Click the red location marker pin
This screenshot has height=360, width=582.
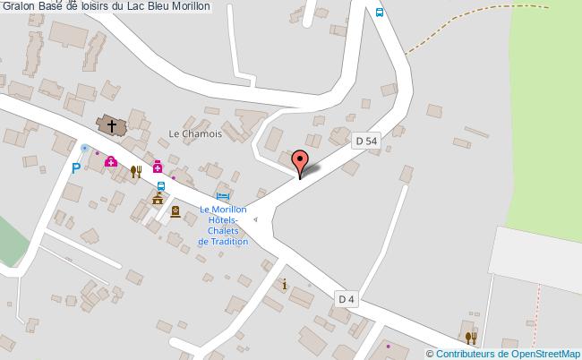tap(301, 162)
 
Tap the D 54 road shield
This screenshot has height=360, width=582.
tap(365, 141)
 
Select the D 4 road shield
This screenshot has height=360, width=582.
tap(347, 298)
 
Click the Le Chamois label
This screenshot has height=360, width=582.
tap(195, 133)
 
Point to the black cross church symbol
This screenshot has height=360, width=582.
tap(113, 125)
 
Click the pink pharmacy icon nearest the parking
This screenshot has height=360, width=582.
tap(111, 161)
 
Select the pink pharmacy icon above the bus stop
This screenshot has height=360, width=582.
tap(157, 167)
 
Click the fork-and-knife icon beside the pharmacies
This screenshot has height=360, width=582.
tap(135, 171)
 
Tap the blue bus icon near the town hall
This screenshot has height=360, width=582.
tap(160, 186)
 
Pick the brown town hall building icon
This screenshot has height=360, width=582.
tap(158, 199)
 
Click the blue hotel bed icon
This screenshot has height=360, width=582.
tap(223, 196)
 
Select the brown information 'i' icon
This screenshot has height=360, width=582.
tap(285, 285)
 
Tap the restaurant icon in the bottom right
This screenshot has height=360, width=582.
tap(470, 337)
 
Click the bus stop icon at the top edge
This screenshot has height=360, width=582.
tap(380, 13)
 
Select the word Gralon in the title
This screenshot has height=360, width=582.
tap(17, 6)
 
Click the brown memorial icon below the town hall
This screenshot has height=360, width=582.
tap(175, 211)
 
